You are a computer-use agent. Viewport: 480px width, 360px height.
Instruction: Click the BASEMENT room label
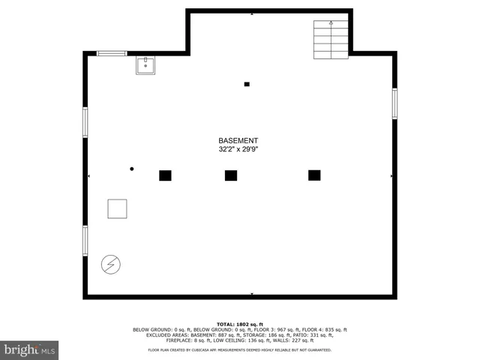click(x=238, y=141)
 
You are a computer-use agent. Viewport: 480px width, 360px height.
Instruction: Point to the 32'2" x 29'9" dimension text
click(x=238, y=149)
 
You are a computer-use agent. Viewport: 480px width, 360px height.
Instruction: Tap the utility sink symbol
click(x=145, y=66)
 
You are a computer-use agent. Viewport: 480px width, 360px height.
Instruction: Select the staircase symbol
click(x=331, y=39)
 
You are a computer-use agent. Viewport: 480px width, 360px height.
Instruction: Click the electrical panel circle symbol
click(x=110, y=264)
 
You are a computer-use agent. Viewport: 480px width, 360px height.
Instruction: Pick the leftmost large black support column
click(x=165, y=175)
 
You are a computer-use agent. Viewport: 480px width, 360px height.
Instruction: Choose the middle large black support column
click(x=231, y=175)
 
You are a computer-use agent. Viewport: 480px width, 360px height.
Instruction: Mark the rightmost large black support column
click(x=314, y=175)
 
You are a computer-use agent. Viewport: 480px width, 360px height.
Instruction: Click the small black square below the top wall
click(x=247, y=84)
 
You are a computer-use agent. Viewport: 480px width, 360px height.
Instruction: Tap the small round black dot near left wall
click(x=131, y=169)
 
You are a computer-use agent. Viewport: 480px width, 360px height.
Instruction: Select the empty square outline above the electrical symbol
click(x=117, y=208)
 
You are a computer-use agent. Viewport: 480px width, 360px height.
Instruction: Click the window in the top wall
click(x=112, y=53)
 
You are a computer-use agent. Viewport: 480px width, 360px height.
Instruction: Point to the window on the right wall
click(x=394, y=103)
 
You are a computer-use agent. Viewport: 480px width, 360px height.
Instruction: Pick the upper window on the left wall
click(x=85, y=122)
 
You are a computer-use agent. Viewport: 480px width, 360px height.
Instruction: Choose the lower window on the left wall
click(x=85, y=241)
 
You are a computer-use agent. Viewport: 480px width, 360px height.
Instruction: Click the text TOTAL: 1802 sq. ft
click(x=240, y=323)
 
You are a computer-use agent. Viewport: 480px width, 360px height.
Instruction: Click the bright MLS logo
click(x=30, y=350)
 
